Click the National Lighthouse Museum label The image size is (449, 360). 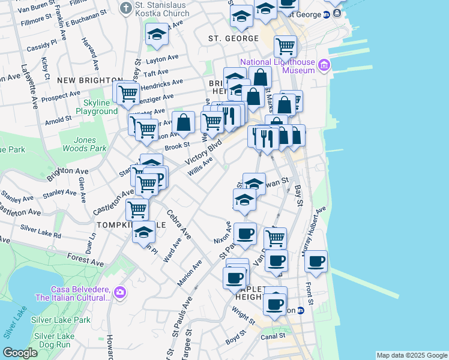point(278,66)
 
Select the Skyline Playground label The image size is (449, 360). point(97,107)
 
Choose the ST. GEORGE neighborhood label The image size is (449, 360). point(228,38)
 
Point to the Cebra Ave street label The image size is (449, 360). point(178,224)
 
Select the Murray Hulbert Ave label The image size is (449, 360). point(314,229)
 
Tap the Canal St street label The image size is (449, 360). point(273,336)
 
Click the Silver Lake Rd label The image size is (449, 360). point(41,232)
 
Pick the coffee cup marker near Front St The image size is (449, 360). point(316,261)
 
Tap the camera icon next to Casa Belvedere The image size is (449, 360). point(120,292)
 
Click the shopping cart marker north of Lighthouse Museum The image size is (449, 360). point(285,46)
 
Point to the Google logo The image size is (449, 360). point(20,353)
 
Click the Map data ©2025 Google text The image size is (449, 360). point(411,355)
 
